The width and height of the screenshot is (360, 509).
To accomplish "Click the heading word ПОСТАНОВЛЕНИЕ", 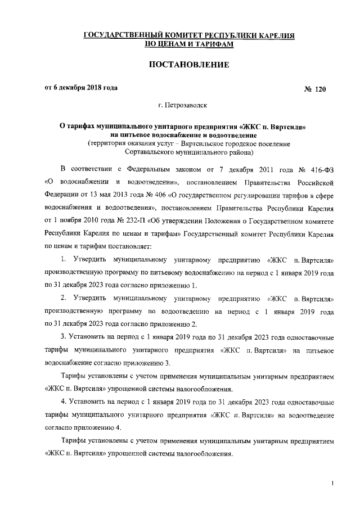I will point(180,66).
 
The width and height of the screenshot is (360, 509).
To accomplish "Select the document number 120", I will point(318,89).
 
